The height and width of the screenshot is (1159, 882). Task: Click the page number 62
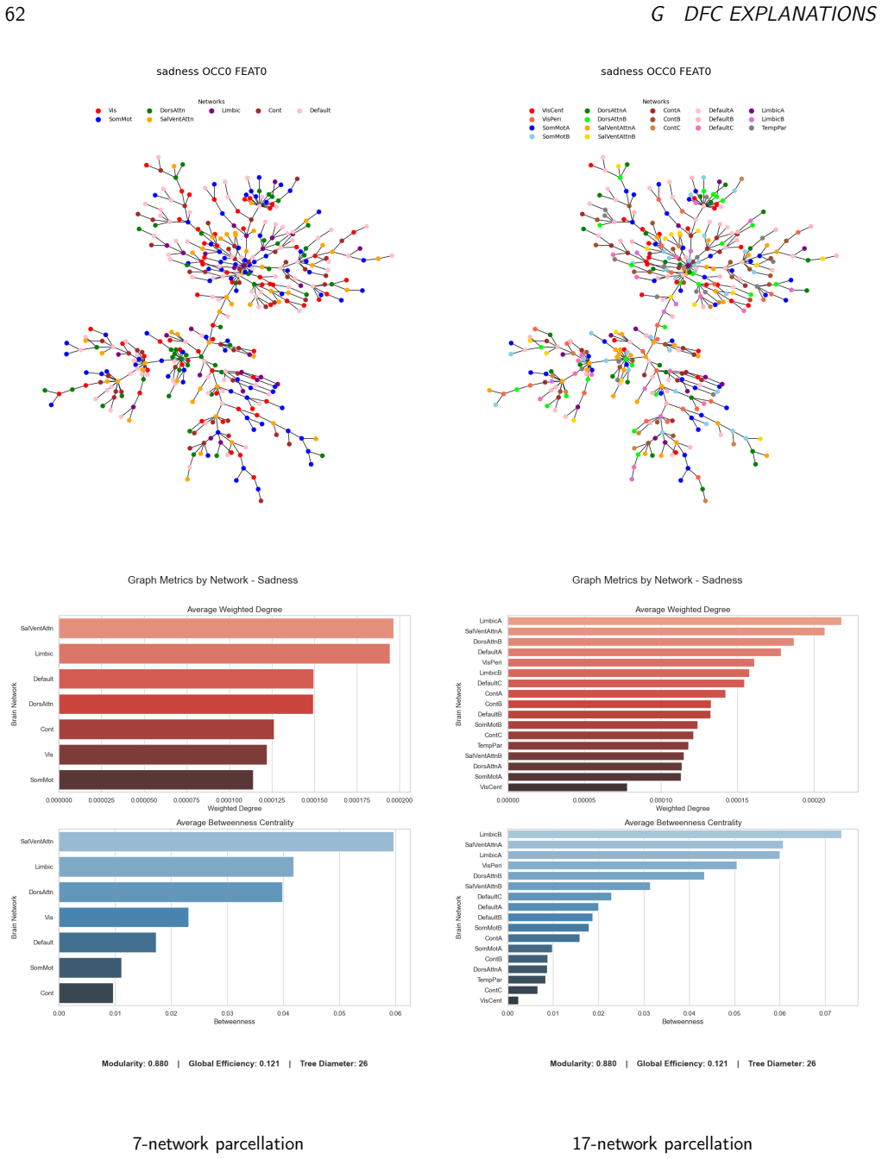click(x=15, y=15)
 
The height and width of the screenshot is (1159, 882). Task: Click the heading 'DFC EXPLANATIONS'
click(x=779, y=15)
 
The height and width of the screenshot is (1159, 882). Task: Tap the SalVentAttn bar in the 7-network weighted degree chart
click(x=225, y=628)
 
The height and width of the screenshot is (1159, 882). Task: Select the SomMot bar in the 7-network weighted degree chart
click(x=156, y=780)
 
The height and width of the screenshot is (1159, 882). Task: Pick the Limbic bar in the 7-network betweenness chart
click(x=176, y=867)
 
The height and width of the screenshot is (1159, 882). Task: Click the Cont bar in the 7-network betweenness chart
click(x=86, y=993)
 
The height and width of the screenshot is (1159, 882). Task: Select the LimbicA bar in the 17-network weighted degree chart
click(x=674, y=621)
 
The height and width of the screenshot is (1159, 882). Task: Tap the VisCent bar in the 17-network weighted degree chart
click(x=568, y=786)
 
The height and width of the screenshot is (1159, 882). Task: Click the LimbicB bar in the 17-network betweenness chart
click(x=674, y=834)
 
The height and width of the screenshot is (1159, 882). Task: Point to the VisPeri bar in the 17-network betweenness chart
click(x=622, y=866)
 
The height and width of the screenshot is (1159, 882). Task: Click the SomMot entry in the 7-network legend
click(x=114, y=119)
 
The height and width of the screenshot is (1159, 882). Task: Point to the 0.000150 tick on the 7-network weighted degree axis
click(x=314, y=800)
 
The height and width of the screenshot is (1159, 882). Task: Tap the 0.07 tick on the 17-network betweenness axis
click(x=825, y=1013)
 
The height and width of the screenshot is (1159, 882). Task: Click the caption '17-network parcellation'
click(x=662, y=1143)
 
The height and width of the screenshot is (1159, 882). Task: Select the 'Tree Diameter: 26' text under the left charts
click(x=333, y=1063)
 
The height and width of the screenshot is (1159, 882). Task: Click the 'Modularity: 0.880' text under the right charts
click(x=583, y=1063)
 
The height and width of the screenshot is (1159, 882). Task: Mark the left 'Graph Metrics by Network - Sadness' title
click(x=212, y=579)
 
